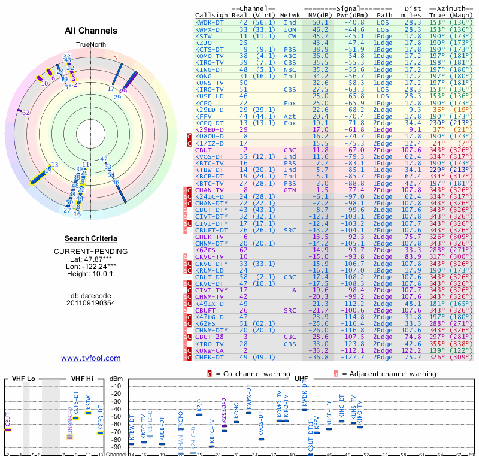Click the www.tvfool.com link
coord(91,358)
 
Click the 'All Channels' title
coord(91,31)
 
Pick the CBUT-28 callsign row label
coord(209,337)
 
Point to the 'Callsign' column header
coord(211,14)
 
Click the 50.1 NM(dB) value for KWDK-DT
coord(320,22)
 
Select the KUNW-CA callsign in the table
coord(209,350)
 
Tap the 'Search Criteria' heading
coord(91,238)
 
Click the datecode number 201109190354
coord(91,303)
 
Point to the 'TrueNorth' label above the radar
coord(90,45)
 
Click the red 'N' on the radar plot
coord(116,58)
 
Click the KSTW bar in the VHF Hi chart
coord(88,412)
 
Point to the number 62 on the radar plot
coord(26,113)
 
